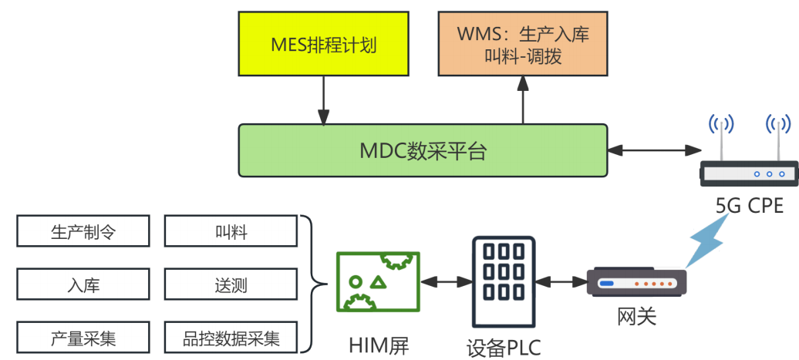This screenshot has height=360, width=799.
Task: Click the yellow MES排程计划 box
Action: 324,43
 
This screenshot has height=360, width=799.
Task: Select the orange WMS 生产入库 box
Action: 522,44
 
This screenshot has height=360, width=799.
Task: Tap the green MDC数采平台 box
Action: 423,150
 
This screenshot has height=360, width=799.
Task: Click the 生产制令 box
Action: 82,232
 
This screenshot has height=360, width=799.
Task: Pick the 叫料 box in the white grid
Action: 231,232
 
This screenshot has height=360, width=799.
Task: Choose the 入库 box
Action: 82,285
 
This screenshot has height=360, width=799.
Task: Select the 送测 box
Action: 231,285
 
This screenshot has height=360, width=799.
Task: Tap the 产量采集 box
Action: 82,338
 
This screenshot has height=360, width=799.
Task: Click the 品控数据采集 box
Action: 231,338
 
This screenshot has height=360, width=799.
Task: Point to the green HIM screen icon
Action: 378,282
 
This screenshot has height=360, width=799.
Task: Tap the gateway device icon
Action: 637,283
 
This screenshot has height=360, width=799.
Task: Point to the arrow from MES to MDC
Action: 323,100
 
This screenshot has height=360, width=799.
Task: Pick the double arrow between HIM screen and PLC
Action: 446,282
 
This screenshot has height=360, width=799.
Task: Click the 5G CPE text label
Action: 749,206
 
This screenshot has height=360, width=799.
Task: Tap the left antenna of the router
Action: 721,139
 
